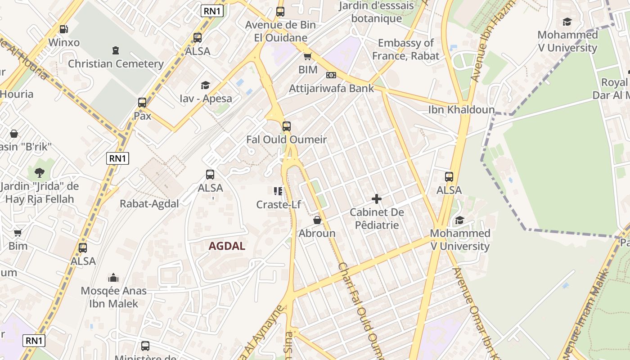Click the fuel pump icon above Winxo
click(64, 29)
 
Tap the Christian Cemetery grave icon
click(116, 50)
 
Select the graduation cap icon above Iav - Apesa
click(206, 85)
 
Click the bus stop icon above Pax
click(142, 103)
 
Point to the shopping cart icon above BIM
click(308, 56)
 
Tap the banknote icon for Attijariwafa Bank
click(331, 75)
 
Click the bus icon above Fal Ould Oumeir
click(286, 126)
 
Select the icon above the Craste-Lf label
click(278, 191)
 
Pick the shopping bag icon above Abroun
click(317, 220)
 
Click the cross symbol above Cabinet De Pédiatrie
click(377, 199)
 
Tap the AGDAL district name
click(227, 246)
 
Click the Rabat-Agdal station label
click(149, 204)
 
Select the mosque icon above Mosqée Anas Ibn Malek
click(113, 278)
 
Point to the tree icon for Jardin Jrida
click(40, 172)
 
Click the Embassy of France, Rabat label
click(405, 49)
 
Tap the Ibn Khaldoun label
click(461, 110)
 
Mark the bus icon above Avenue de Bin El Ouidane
click(280, 12)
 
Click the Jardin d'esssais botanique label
click(377, 12)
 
